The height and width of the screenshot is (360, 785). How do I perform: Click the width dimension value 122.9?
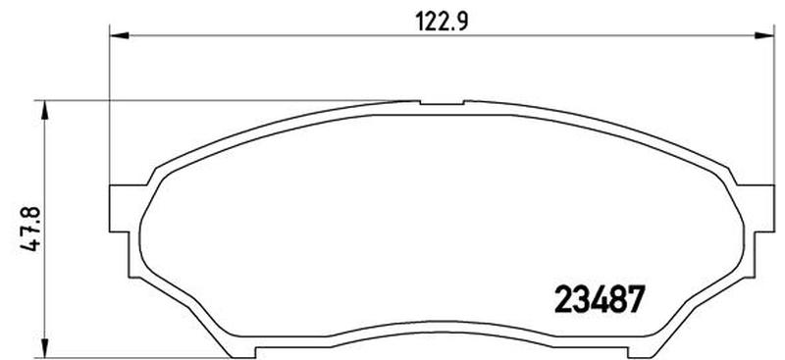443,21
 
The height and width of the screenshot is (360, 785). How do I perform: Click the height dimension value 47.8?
30,229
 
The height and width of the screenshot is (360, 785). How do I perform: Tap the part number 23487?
598,299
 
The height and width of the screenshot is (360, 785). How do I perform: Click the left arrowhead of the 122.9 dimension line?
119,35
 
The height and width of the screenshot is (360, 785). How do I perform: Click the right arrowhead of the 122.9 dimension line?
764,35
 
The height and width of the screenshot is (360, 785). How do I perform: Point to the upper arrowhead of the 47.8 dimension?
45,110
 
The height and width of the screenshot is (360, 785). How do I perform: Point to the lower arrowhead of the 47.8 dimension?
45,347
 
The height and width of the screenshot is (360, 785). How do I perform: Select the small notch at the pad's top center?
443,103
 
